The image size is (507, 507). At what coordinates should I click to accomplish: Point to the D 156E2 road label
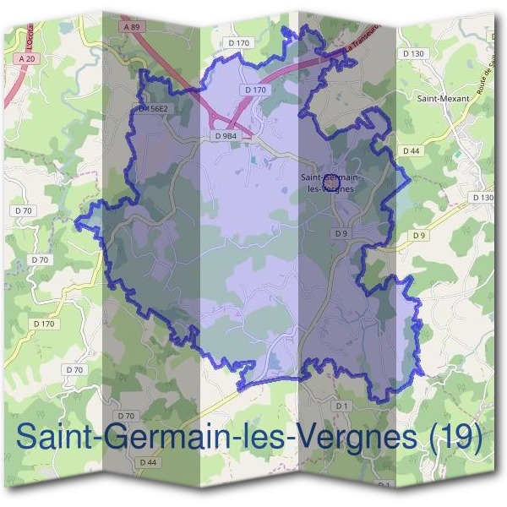[153, 109]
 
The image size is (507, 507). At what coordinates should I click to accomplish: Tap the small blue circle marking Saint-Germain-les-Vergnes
[332, 181]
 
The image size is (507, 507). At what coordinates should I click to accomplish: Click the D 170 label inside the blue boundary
[254, 90]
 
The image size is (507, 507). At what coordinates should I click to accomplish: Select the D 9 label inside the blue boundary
[341, 233]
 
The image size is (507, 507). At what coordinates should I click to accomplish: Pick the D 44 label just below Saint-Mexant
[412, 150]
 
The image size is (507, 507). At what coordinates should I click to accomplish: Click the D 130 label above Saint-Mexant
[413, 52]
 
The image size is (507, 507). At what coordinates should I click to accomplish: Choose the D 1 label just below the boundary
[341, 406]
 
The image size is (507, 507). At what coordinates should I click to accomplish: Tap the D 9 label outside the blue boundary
[420, 234]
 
